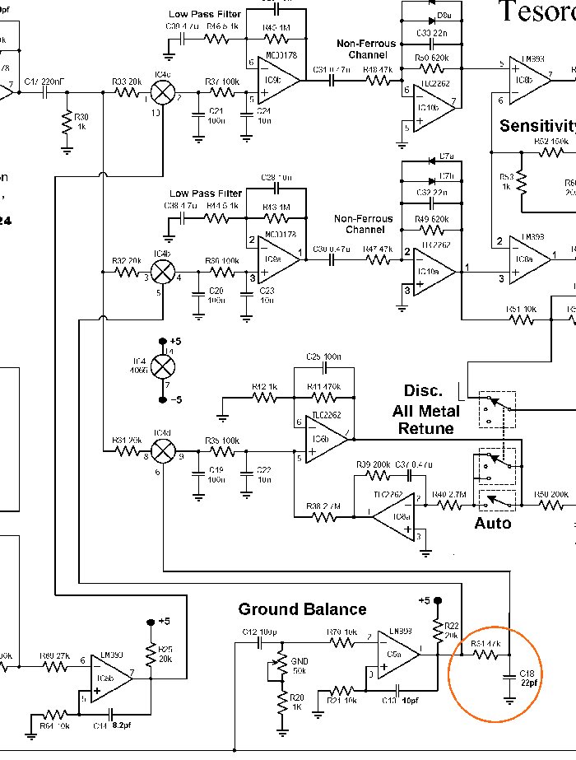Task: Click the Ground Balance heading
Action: click(302, 609)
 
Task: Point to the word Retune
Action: click(426, 428)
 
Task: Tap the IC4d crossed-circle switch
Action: click(165, 450)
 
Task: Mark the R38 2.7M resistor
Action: click(324, 517)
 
